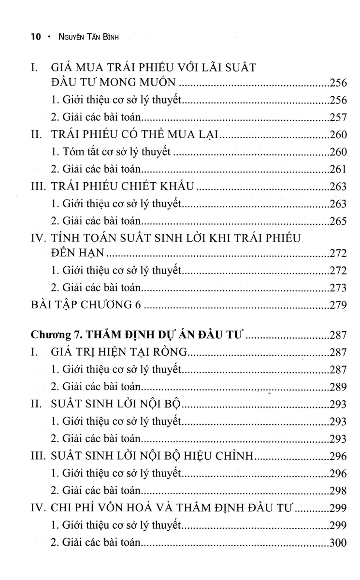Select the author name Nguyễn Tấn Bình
[81, 37]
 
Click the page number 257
[337, 118]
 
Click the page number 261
[337, 170]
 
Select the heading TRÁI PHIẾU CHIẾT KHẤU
[123, 187]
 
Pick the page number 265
[337, 221]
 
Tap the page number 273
[337, 288]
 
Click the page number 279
[337, 304]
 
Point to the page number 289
[337, 387]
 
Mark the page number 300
[337, 542]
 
